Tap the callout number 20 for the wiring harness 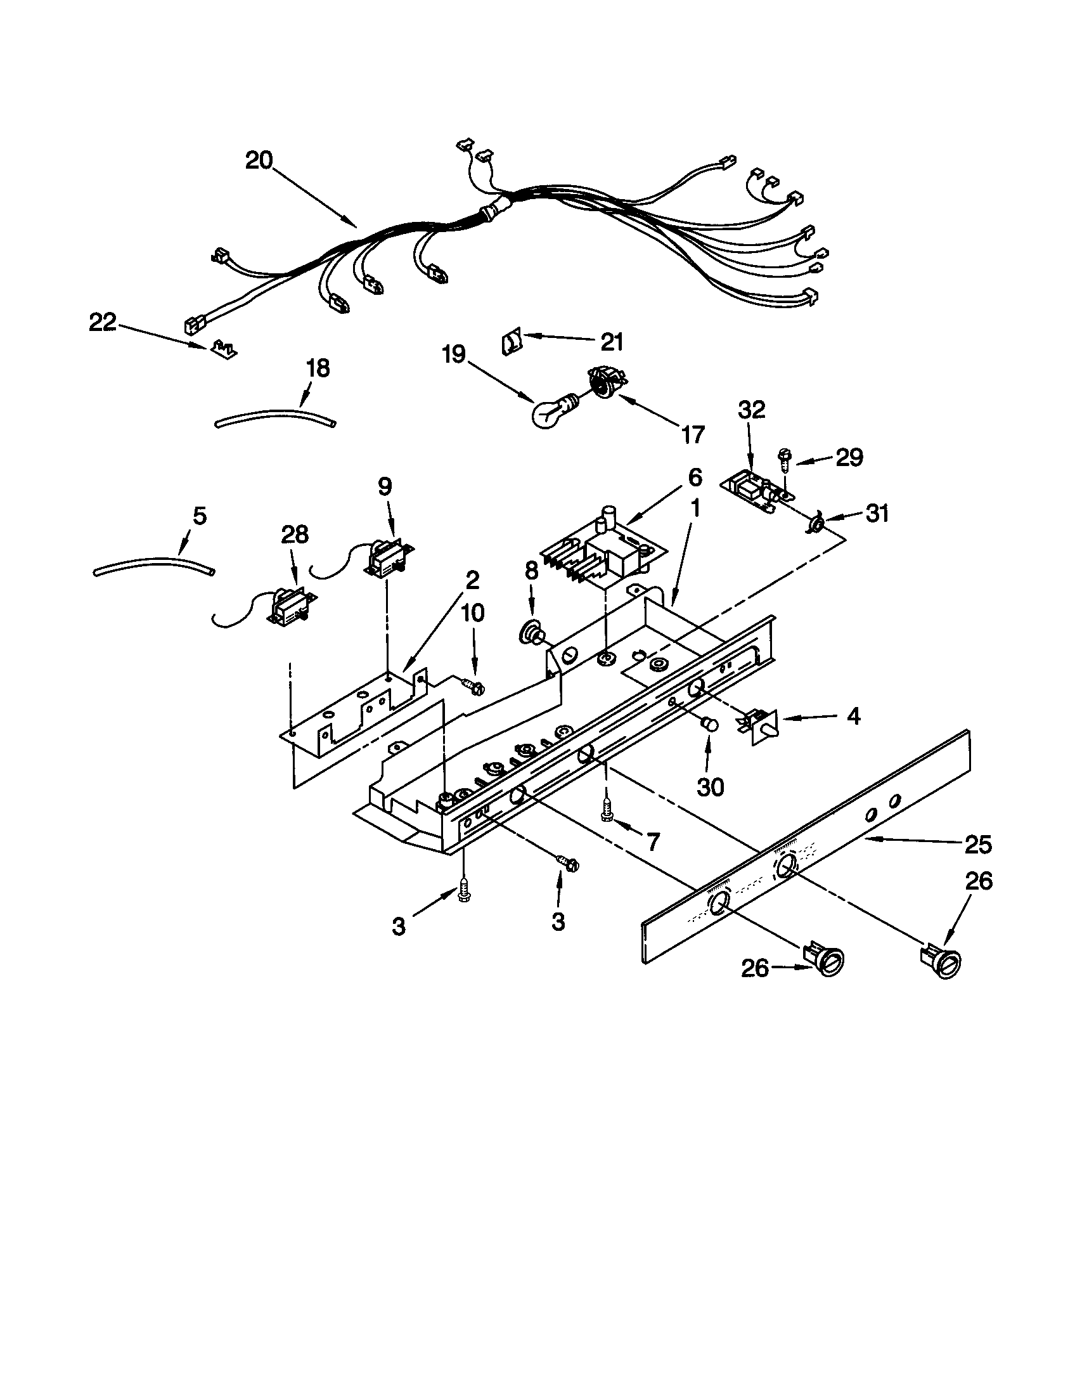[259, 160]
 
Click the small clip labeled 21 [512, 343]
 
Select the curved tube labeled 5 [153, 564]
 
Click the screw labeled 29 [783, 457]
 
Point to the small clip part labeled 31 [815, 525]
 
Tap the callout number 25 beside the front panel [977, 845]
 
